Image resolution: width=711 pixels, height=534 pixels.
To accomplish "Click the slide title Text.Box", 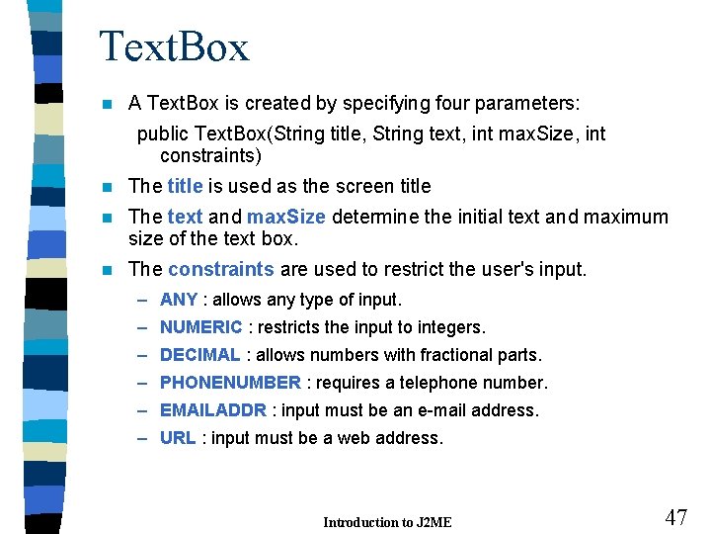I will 174,47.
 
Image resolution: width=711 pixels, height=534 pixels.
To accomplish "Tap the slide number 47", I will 675,517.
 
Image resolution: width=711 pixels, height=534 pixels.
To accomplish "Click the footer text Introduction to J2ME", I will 387,522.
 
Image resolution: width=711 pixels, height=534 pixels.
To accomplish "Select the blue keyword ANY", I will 179,300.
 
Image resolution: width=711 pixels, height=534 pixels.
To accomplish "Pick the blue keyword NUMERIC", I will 200,327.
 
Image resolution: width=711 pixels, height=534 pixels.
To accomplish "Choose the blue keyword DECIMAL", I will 199,355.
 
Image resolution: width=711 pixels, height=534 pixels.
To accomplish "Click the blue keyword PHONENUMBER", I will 230,383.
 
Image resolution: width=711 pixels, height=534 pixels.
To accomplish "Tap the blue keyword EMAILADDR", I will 213,410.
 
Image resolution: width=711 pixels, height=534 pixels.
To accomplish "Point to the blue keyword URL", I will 178,438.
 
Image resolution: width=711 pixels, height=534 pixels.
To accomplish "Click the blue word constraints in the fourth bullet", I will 221,269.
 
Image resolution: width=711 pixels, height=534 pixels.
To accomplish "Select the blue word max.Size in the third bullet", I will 287,217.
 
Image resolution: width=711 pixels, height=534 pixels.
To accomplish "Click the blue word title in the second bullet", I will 185,186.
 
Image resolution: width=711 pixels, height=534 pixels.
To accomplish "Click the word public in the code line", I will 164,133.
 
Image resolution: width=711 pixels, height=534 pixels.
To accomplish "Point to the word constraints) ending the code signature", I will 210,155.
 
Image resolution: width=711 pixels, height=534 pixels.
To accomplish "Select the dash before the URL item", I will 143,438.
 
